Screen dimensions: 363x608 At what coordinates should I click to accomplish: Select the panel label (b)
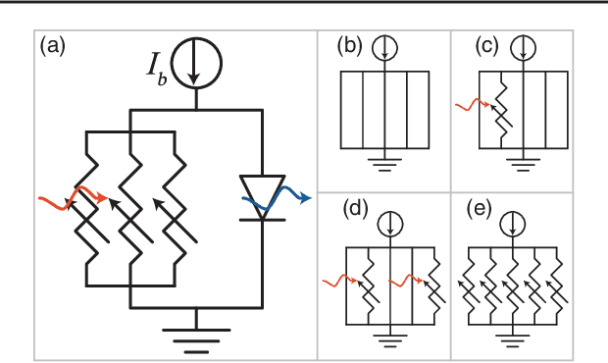[350, 45]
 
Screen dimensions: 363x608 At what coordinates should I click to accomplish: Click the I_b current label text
[154, 70]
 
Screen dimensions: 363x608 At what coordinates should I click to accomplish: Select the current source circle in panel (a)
[199, 64]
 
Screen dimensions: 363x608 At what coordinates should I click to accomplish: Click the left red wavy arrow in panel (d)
[338, 282]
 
